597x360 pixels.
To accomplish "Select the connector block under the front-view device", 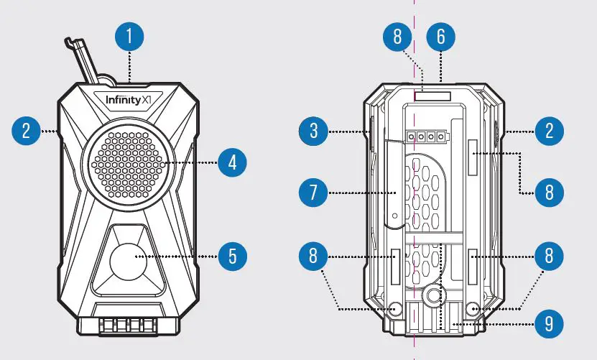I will (x=128, y=323).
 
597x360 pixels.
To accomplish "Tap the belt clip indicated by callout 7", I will (x=394, y=183).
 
